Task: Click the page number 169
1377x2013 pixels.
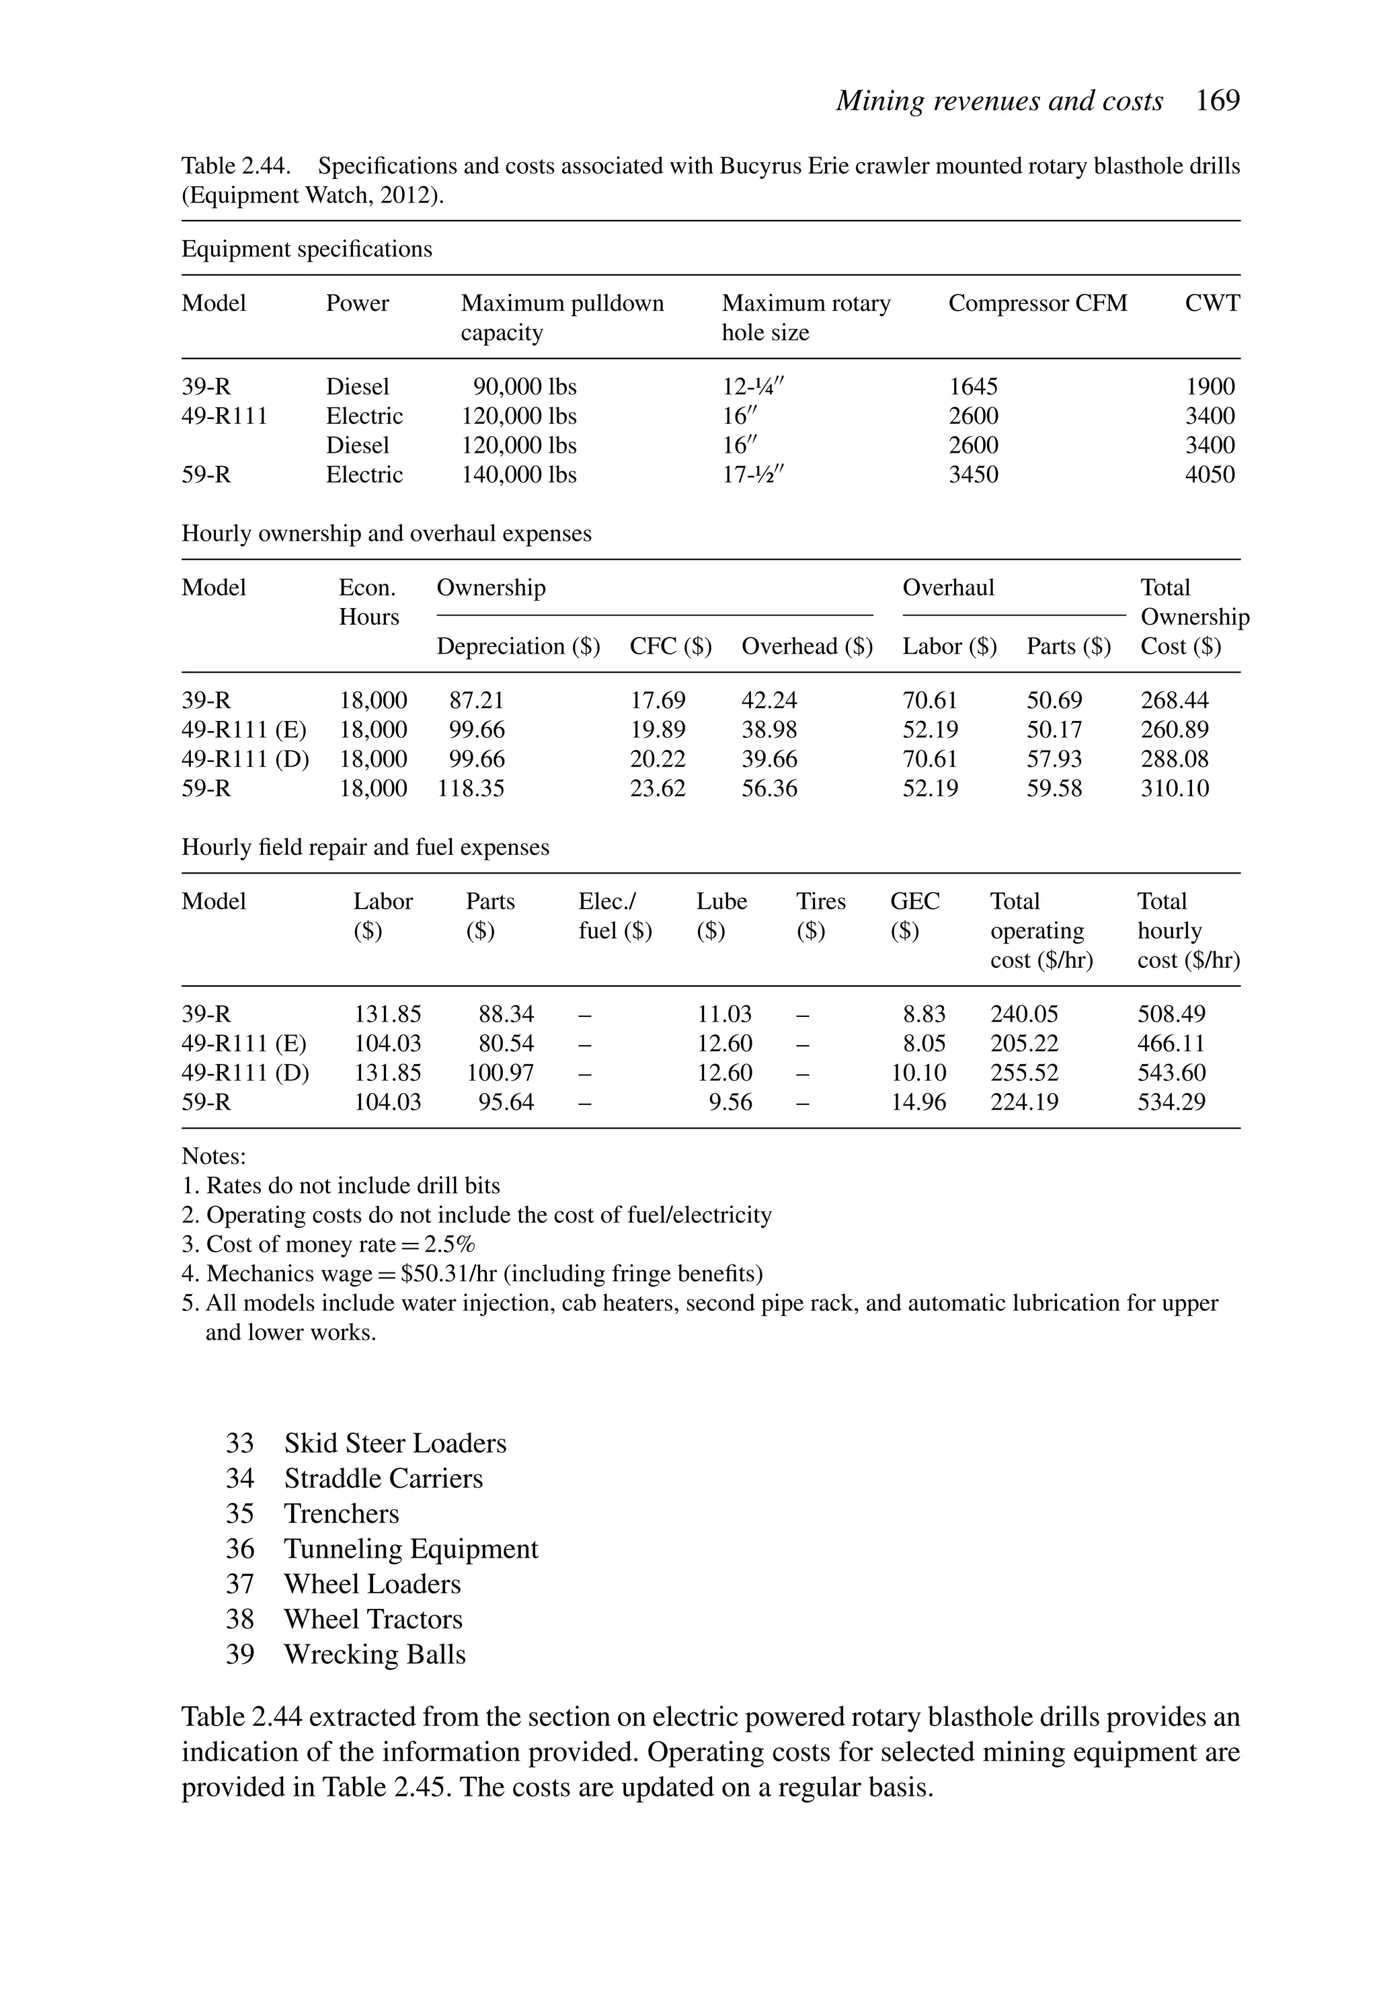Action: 1217,102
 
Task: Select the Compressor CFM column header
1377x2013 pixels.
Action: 1037,303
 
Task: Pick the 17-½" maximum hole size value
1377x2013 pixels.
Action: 754,475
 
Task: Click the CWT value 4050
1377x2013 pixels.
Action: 1209,475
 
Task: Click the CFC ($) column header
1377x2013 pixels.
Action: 670,646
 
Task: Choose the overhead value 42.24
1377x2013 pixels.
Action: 769,700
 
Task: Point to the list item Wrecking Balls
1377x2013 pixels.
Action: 374,1654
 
